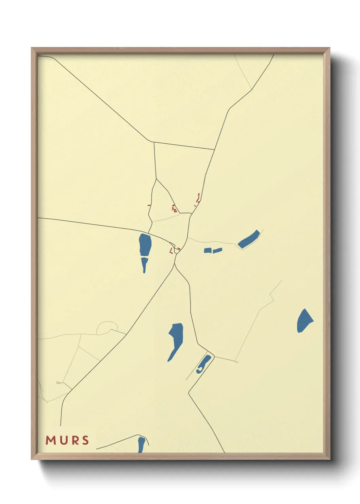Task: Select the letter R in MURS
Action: (74, 440)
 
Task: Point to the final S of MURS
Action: (85, 440)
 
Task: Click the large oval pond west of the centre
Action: (145, 245)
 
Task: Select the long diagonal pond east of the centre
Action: (249, 239)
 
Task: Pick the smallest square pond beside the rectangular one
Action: (208, 251)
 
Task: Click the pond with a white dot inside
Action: (204, 364)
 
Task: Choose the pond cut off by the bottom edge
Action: (141, 445)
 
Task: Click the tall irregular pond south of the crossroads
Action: (176, 339)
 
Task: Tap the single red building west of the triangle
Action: (149, 205)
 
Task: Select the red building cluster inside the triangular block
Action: (174, 208)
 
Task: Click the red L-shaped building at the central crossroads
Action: (171, 251)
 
